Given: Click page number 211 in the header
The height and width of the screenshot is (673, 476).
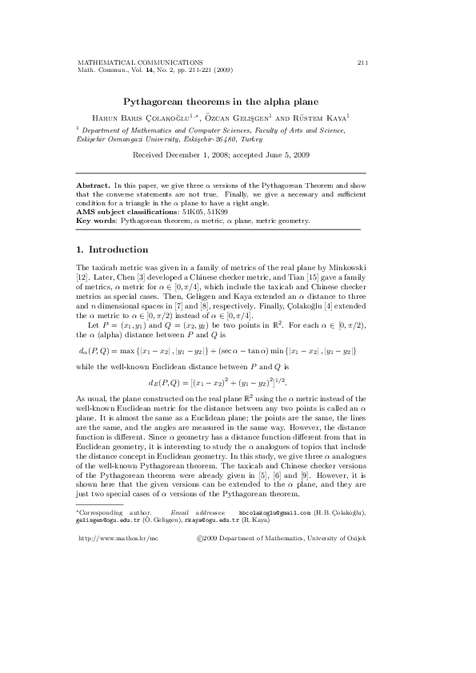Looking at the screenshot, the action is pos(362,62).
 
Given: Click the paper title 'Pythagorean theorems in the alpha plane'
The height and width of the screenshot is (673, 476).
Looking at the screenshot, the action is pos(220,102).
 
